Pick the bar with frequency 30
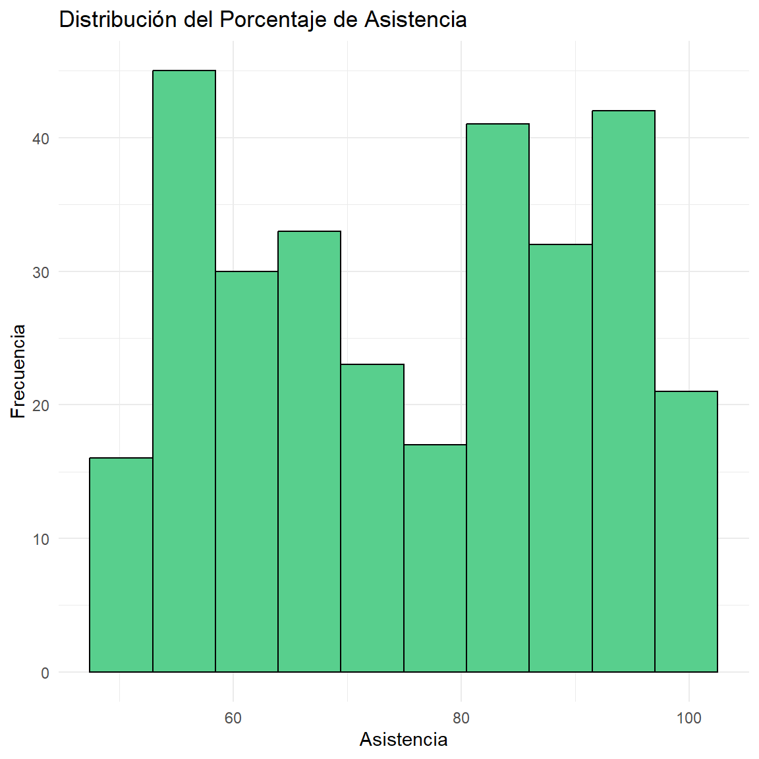pyautogui.click(x=246, y=472)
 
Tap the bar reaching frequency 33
pyautogui.click(x=309, y=451)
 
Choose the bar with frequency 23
pyautogui.click(x=372, y=518)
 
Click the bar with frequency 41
pyautogui.click(x=497, y=398)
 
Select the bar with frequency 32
pyautogui.click(x=561, y=458)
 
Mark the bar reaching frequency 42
pyautogui.click(x=623, y=391)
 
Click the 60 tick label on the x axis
pyautogui.click(x=233, y=717)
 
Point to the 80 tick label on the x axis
pyautogui.click(x=461, y=717)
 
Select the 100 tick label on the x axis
pyautogui.click(x=689, y=717)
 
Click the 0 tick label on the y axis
pyautogui.click(x=45, y=673)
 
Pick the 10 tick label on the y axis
pyautogui.click(x=41, y=539)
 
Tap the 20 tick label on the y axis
pyautogui.click(x=41, y=405)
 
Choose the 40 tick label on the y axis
pyautogui.click(x=41, y=138)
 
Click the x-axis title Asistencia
pyautogui.click(x=403, y=740)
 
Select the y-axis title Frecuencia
pyautogui.click(x=18, y=371)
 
